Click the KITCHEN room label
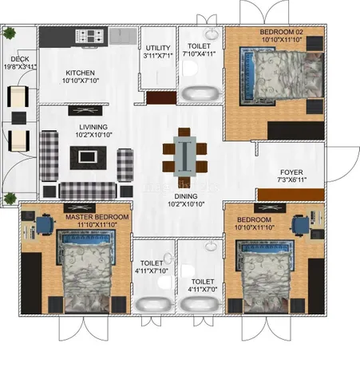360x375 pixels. point(80,73)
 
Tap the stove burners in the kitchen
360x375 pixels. point(89,36)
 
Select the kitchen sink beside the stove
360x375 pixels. point(123,36)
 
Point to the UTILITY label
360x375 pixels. point(158,48)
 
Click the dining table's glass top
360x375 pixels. point(184,156)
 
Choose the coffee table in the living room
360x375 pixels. point(89,158)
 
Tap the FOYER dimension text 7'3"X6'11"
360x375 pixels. point(292,180)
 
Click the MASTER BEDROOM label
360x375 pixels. point(97,217)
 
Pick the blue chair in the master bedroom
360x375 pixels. point(45,224)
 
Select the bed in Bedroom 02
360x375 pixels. point(282,77)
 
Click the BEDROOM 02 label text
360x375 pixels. point(281,32)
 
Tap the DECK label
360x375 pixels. point(20,59)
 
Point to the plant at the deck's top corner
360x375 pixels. point(10,33)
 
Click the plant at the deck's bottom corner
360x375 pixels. point(10,199)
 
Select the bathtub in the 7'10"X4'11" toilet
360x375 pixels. point(201,93)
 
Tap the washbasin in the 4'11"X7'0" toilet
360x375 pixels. point(212,247)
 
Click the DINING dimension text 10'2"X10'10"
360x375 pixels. point(186,204)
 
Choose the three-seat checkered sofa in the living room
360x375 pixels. point(88,191)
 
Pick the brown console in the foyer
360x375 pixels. point(291,195)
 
